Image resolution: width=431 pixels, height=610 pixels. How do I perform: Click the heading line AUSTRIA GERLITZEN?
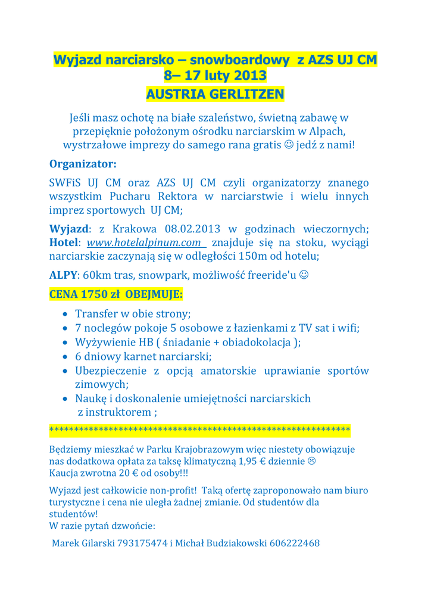click(x=215, y=94)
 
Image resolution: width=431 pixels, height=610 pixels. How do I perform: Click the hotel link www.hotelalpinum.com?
click(x=143, y=243)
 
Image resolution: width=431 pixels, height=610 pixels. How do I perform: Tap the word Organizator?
click(x=82, y=163)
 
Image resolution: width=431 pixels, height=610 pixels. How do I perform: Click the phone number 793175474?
click(x=142, y=543)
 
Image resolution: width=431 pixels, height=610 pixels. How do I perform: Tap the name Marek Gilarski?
click(x=83, y=543)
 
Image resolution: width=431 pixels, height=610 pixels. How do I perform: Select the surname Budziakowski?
click(x=235, y=543)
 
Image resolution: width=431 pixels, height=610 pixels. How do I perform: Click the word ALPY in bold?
click(x=63, y=275)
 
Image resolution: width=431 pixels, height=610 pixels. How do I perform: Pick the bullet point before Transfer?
click(x=65, y=314)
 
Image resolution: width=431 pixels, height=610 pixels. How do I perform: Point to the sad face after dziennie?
click(x=311, y=461)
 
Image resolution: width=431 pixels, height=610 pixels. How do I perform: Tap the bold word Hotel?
click(x=63, y=243)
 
